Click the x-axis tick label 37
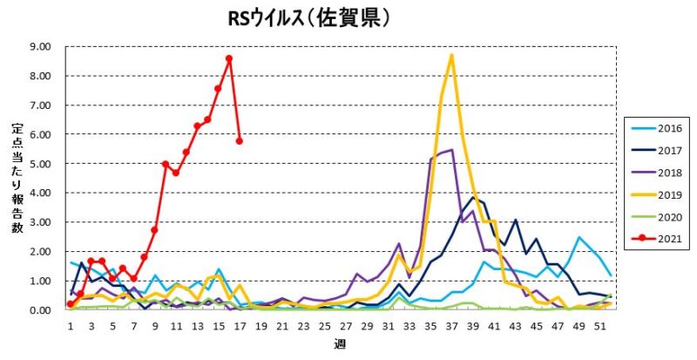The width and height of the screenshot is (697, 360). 450,323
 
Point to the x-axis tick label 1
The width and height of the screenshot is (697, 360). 70,323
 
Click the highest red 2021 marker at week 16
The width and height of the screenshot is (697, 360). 228,59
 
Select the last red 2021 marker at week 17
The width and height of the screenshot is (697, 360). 239,140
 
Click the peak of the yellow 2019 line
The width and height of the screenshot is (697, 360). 451,56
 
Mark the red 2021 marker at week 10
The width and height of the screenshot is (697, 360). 165,164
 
